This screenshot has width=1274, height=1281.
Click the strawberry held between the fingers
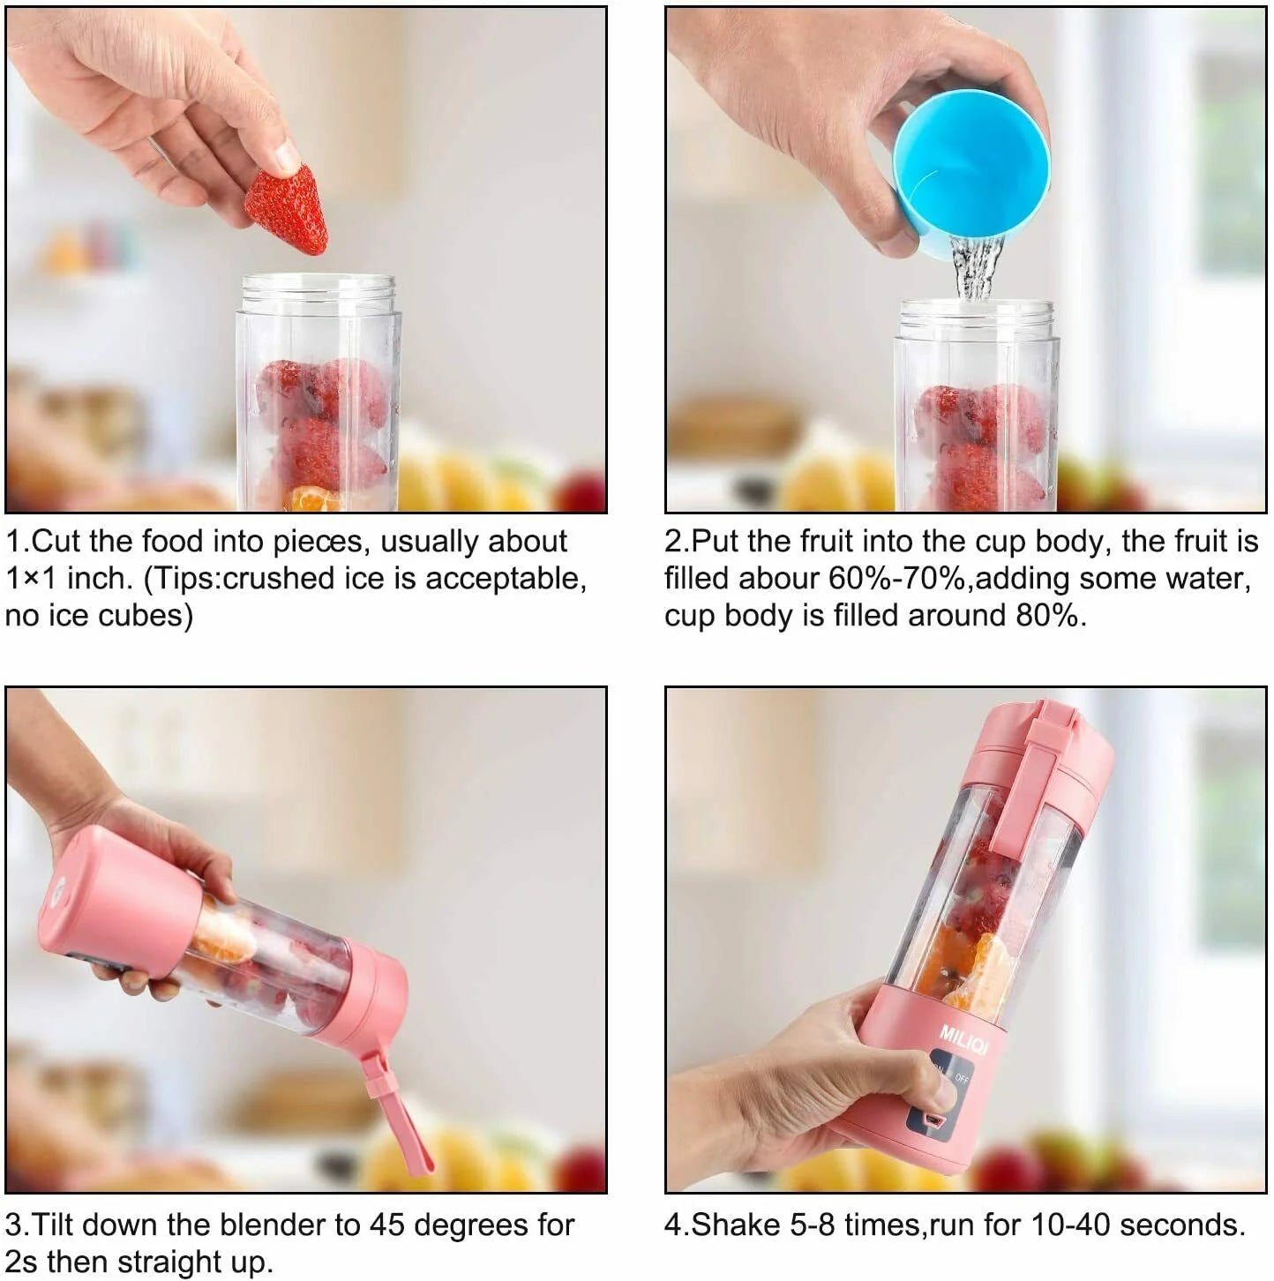287,210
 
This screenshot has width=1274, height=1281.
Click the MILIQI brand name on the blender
963,1038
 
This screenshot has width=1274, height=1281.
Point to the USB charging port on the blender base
933,1121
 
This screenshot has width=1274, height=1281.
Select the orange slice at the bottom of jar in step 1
313,499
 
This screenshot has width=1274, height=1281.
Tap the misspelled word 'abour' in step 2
779,579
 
